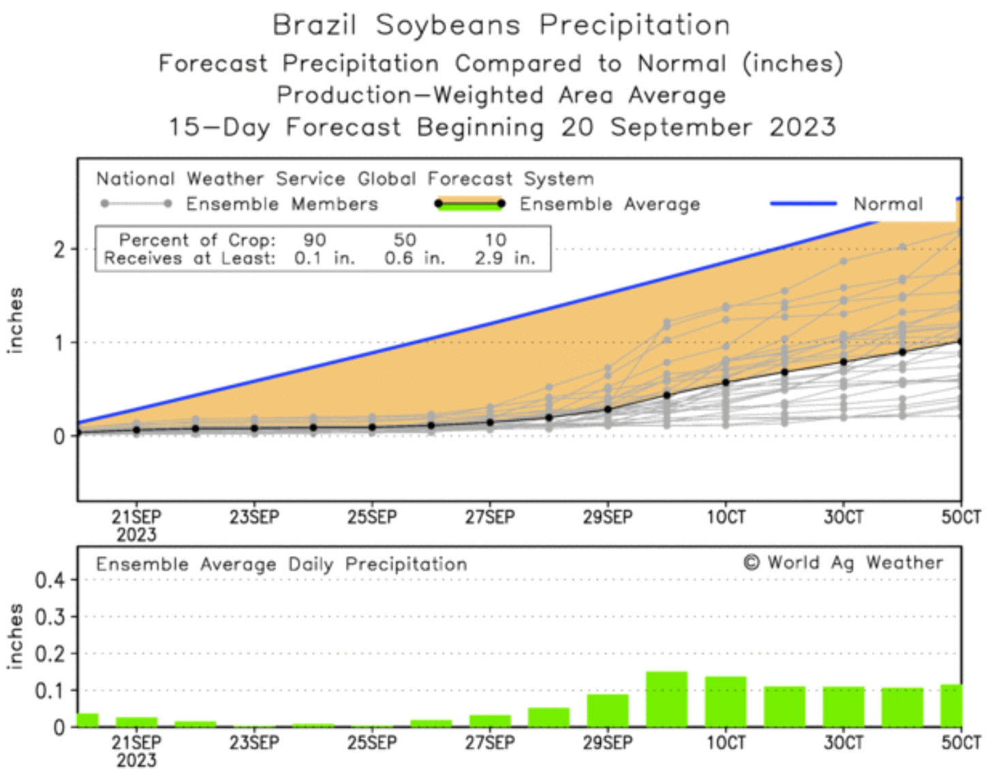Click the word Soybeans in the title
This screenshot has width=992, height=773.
coord(448,26)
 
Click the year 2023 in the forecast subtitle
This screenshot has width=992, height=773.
coord(802,127)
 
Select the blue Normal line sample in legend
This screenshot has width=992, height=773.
coord(803,203)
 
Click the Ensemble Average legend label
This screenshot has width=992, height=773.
coord(609,204)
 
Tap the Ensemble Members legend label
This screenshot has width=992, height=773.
coord(281,204)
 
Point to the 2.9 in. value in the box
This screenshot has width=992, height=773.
coord(504,258)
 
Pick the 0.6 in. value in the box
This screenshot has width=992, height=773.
coord(414,258)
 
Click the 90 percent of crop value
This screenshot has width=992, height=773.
coord(315,240)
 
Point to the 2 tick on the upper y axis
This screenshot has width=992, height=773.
coord(60,249)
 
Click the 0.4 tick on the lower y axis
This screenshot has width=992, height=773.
coord(50,580)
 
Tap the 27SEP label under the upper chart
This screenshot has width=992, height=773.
coord(490,517)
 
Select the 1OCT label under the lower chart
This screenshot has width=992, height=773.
coord(726,742)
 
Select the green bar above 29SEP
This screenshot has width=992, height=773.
coord(608,710)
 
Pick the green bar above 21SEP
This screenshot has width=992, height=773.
coord(136,722)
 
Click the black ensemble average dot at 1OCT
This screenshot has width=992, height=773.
coord(726,382)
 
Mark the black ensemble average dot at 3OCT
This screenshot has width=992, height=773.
coord(843,363)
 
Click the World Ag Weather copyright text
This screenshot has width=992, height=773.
coord(843,562)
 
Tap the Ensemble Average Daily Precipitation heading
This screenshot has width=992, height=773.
coord(281,564)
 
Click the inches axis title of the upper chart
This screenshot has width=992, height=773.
coord(15,320)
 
